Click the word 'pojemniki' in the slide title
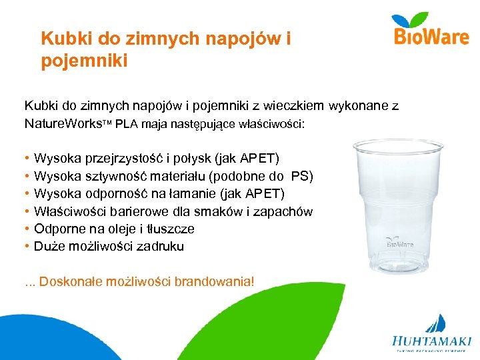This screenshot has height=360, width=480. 84,61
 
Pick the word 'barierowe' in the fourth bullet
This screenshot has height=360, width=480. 127,212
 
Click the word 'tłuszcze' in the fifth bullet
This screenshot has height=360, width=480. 170,229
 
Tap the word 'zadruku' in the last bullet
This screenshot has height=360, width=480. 160,247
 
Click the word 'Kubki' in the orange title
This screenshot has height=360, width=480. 62,39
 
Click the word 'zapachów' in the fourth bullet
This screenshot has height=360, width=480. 287,212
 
